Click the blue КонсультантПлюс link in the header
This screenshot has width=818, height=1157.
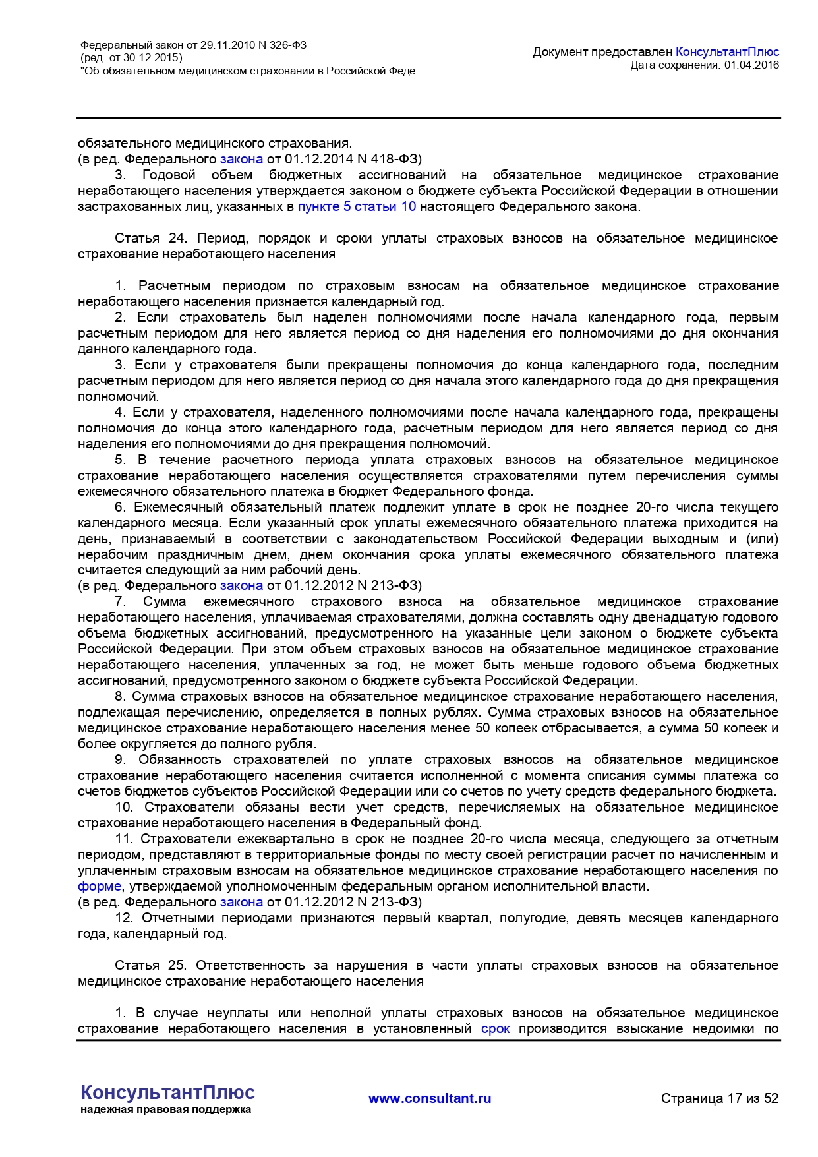(727, 52)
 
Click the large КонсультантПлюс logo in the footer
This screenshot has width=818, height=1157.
(167, 1092)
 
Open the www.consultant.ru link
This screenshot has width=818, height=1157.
(430, 1098)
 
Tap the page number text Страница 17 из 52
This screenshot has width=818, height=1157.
(720, 1098)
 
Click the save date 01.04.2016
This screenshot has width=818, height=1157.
(751, 65)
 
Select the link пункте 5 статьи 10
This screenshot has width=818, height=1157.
(357, 206)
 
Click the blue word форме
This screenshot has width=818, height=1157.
(100, 886)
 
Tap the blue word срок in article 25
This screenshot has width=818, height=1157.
(495, 1028)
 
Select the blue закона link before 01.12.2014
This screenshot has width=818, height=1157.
(241, 159)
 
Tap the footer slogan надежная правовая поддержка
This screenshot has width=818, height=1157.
(165, 1110)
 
